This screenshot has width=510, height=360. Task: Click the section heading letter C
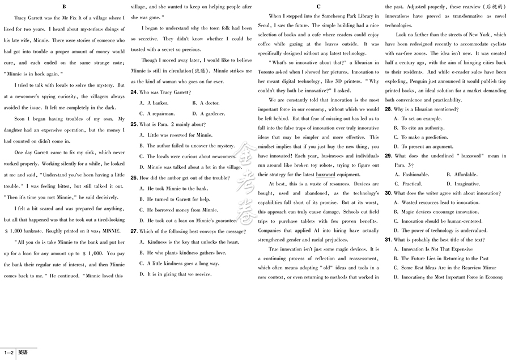coord(318,7)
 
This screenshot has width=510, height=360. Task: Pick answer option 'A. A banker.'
coord(158,103)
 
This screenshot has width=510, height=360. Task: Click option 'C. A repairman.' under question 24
coord(162,113)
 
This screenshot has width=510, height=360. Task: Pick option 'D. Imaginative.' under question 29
coord(463,184)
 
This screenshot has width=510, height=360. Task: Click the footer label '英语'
coord(22,353)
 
